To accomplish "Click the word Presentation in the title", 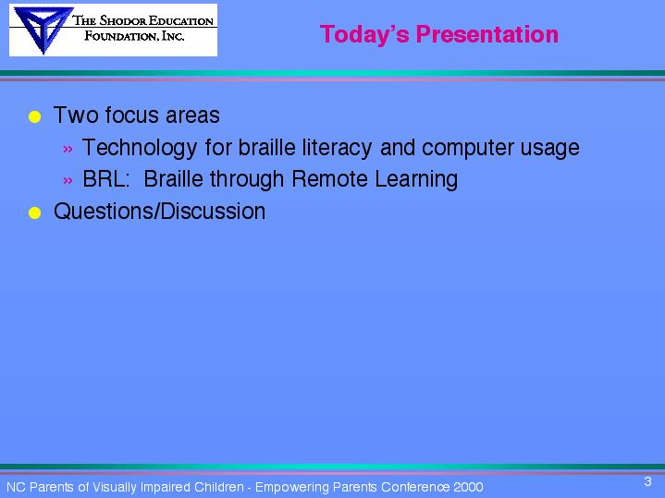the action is point(486,34).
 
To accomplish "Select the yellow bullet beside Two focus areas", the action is point(35,116).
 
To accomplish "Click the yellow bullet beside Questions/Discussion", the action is point(35,213).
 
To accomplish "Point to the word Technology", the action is point(140,148).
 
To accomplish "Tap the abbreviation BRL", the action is point(105,179).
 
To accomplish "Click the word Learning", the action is point(416,179).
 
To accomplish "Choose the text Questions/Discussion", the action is point(159,211).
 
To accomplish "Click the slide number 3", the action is point(647,481).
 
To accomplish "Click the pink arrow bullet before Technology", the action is point(68,149).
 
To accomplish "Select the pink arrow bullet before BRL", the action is point(68,180).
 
